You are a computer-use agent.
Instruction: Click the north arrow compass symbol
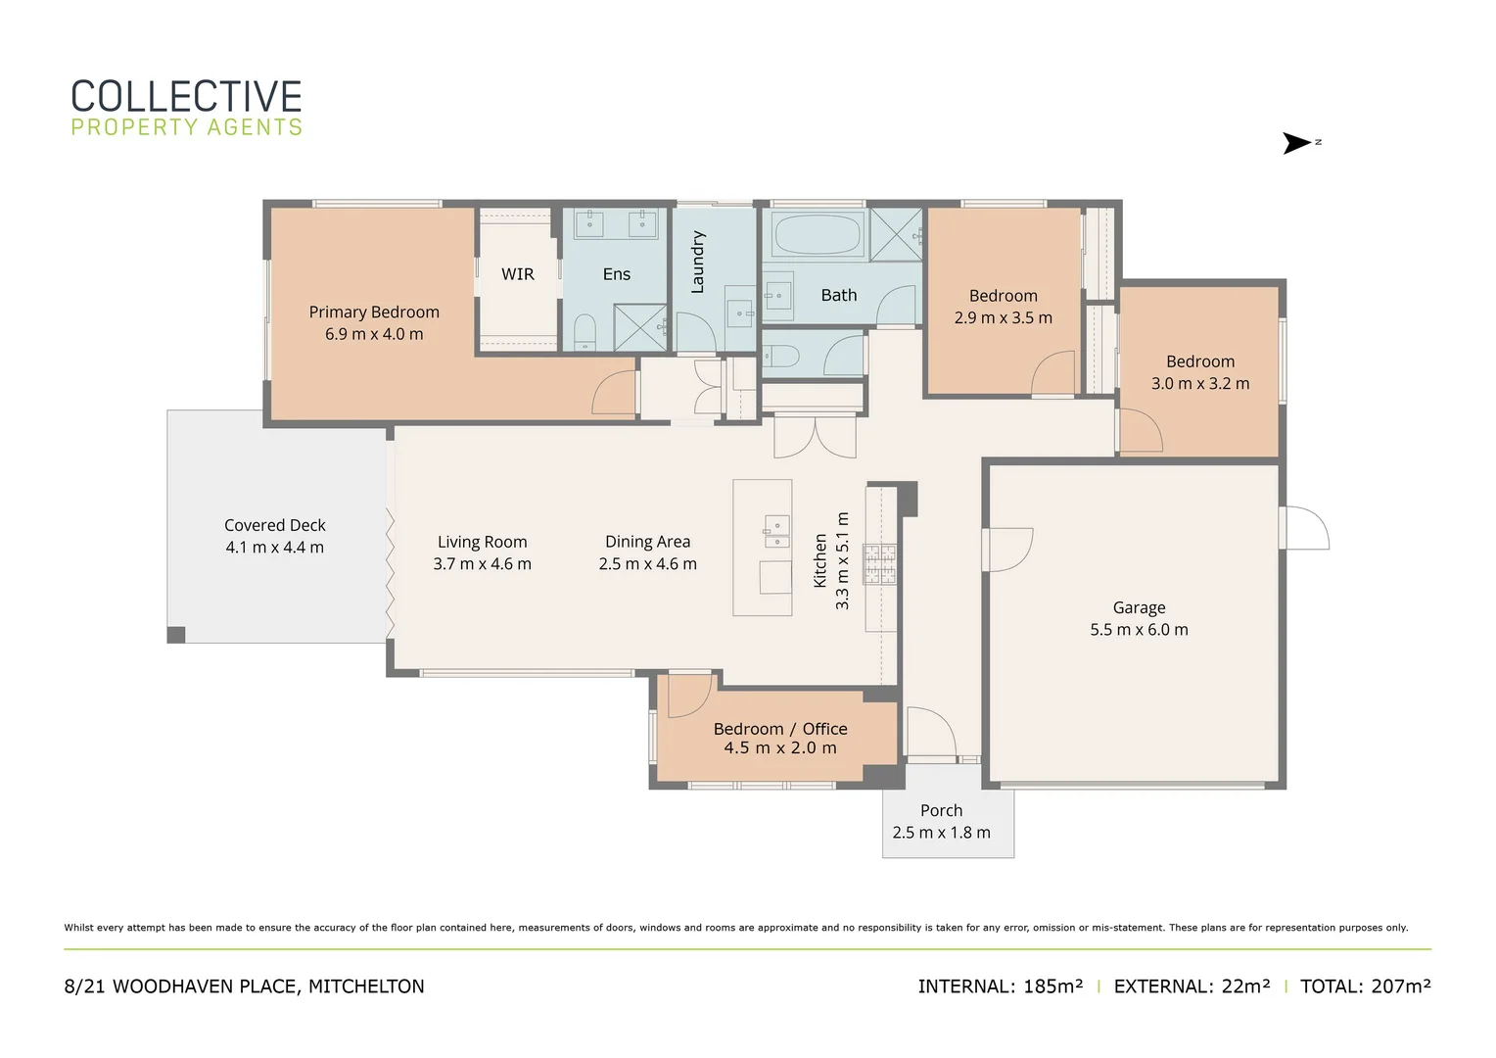[1297, 143]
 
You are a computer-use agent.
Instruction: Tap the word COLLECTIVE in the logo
[186, 97]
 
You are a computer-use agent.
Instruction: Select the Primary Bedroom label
[374, 312]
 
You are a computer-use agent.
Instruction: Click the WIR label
[517, 274]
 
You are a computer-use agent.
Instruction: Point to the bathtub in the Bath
[817, 234]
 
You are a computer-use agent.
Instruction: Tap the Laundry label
[698, 262]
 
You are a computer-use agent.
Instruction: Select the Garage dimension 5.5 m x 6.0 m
[1139, 630]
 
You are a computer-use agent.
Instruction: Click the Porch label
[941, 810]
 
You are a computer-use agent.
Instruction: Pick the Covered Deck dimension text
[274, 548]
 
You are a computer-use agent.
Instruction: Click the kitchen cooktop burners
[879, 564]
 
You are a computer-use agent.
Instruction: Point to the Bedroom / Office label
[780, 729]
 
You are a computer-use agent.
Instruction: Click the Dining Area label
[647, 542]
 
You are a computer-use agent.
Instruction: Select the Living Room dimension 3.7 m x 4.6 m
[482, 564]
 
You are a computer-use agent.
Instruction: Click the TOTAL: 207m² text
[1365, 986]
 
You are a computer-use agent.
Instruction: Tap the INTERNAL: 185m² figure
[1000, 986]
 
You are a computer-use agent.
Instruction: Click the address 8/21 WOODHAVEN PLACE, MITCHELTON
[244, 986]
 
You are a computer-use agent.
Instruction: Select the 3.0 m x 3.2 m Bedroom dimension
[1199, 384]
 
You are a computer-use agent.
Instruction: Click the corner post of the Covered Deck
[176, 635]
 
